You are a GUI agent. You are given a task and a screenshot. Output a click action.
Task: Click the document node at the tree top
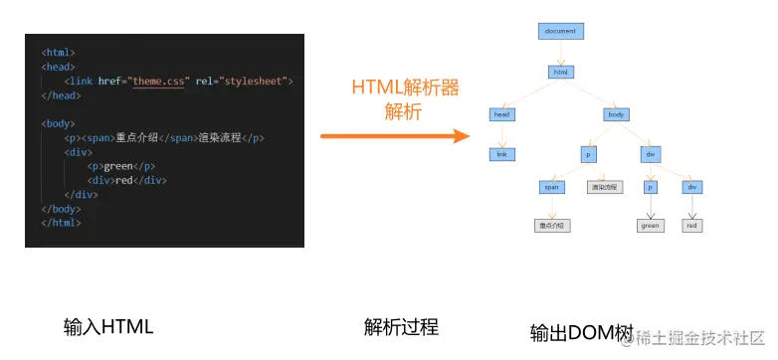(x=560, y=31)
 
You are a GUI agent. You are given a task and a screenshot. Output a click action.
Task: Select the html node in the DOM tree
(x=560, y=72)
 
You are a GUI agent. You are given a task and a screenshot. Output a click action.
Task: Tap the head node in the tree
(x=501, y=114)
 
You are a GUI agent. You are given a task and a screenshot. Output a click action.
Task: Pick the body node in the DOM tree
(x=617, y=114)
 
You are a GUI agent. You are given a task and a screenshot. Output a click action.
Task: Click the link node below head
(x=501, y=154)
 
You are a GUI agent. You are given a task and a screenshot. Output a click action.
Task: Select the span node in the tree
(x=552, y=186)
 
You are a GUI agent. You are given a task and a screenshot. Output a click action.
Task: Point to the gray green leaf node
(x=650, y=226)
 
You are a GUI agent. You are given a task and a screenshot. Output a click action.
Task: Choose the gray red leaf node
(x=692, y=226)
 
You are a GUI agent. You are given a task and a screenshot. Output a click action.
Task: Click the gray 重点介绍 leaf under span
(x=552, y=226)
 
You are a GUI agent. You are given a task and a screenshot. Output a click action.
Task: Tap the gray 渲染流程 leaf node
(x=604, y=186)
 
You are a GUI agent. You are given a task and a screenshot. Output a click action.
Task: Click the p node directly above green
(x=650, y=186)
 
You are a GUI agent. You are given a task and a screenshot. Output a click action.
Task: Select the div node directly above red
(x=692, y=186)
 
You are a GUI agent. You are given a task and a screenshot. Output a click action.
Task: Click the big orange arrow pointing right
(x=394, y=135)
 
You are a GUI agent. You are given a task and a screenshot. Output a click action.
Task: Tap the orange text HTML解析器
(x=405, y=88)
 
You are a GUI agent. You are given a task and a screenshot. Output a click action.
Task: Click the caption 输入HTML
(x=108, y=327)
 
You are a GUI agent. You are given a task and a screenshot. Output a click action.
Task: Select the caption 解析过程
(x=401, y=327)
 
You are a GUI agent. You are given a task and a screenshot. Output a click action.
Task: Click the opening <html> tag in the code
(x=58, y=52)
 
